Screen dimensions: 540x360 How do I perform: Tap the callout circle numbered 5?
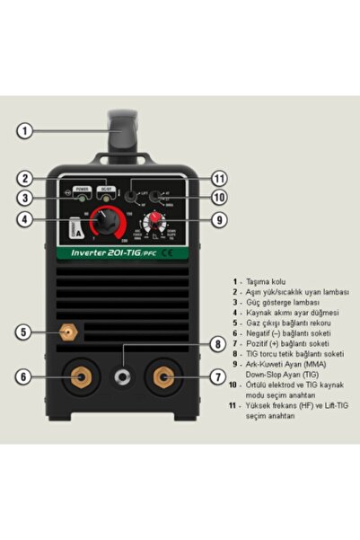(25, 332)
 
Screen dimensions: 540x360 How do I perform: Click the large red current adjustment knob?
(109, 218)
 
